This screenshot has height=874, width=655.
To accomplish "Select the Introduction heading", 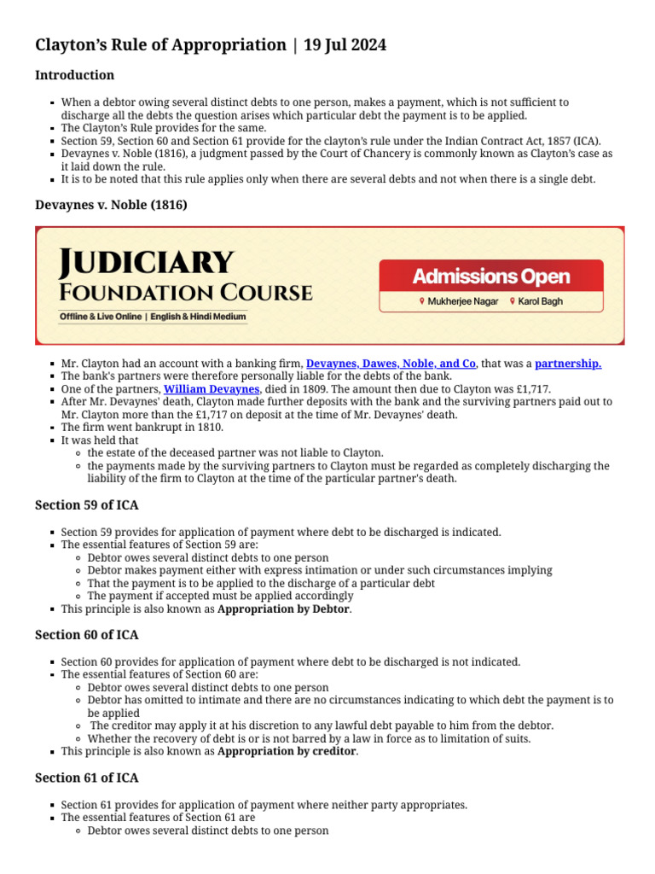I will point(74,75).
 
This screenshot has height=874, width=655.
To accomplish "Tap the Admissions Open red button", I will point(491,277).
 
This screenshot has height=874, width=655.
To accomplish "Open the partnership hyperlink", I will point(568,364).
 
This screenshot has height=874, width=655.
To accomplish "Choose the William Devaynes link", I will point(212,389).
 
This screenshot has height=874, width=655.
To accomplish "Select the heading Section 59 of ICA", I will point(86,505).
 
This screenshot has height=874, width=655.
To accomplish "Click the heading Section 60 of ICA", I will point(86,635).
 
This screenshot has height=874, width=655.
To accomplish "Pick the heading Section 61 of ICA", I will point(86,778).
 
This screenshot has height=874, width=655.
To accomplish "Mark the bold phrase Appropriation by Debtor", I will point(284,609).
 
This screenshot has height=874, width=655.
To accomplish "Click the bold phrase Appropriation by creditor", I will point(287,751).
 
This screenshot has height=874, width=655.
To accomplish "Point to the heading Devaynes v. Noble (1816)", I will point(111,205).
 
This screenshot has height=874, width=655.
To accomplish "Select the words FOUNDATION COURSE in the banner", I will point(186,294).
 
